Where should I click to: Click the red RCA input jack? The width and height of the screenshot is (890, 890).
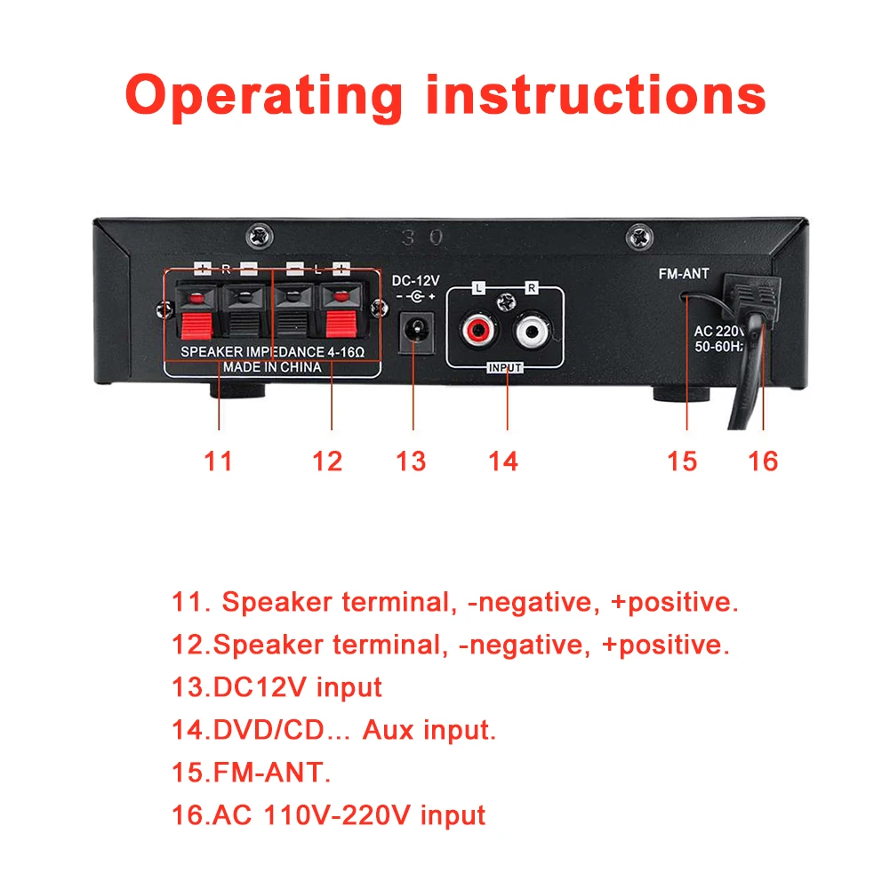478,330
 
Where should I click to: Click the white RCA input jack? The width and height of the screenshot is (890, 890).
532,330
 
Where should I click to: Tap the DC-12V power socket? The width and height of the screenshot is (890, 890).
417,331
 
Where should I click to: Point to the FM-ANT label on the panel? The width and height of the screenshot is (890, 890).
684,274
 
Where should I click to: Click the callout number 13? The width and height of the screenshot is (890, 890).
411,461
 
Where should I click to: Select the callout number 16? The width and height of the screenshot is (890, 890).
763,461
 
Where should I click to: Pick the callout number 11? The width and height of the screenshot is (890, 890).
219,461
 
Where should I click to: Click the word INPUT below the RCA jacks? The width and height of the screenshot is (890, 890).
505,368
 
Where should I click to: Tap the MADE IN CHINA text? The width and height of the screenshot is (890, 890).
272,367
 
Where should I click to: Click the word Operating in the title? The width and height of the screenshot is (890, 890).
264,95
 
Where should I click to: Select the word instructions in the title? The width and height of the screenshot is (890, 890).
597,94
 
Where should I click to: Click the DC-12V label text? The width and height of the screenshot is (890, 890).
415,281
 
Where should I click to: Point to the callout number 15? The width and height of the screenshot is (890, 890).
682,461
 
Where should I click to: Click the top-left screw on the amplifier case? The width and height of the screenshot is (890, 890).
260,236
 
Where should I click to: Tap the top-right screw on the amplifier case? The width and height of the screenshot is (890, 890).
639,237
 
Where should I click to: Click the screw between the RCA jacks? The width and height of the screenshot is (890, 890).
506,302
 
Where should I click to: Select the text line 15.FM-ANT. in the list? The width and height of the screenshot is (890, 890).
251,773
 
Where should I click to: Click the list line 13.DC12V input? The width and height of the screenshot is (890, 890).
277,687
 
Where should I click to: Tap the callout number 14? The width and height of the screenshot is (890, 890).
503,461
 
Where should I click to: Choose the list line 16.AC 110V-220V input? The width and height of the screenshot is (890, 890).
328,815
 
